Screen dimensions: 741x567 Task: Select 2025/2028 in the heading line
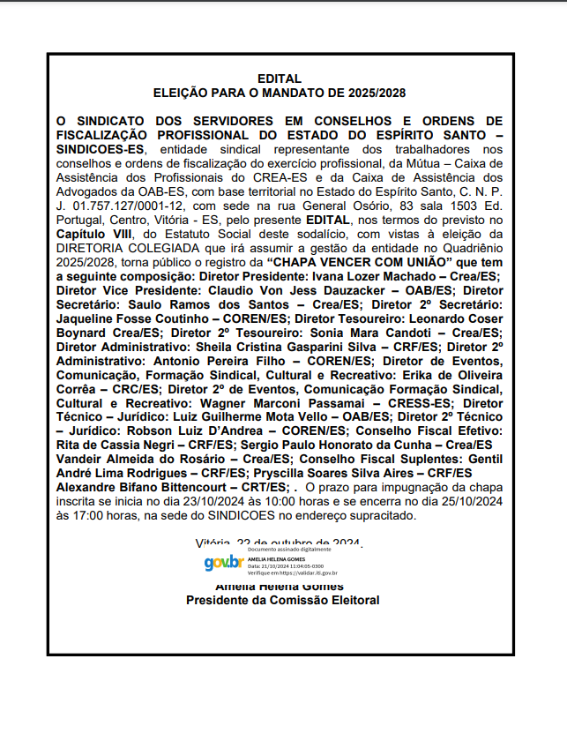[x=376, y=92]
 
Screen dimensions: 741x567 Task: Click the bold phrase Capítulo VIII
[x=94, y=234]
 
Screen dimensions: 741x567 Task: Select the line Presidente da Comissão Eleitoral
[x=282, y=601]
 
